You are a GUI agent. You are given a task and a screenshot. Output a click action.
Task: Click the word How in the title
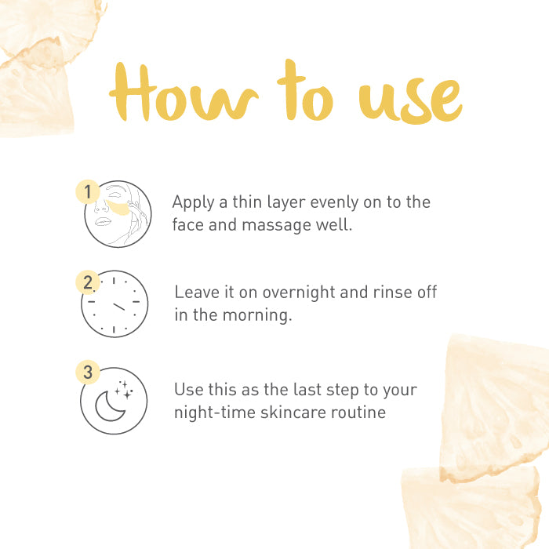pos(184,92)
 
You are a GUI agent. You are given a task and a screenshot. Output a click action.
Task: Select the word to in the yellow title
pos(304,89)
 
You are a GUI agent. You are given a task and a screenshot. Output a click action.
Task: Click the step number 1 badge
pos(88,191)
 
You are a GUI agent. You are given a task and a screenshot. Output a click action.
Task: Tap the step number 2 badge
pos(88,282)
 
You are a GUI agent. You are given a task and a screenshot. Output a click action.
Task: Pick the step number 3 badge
pos(88,372)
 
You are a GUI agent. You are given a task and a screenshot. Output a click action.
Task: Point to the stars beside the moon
pos(124,390)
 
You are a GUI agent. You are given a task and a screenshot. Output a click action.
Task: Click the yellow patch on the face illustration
pos(118,208)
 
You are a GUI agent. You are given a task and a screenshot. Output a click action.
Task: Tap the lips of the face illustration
pos(103,222)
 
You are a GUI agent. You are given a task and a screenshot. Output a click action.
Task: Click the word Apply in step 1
pos(193,202)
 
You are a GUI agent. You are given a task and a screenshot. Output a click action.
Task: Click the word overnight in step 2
pos(299,293)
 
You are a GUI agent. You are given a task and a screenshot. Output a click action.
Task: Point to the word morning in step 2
pos(257,315)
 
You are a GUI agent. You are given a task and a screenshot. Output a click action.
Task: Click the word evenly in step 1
pos(334,202)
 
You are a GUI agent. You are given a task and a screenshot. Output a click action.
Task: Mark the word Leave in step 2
pos(197,292)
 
